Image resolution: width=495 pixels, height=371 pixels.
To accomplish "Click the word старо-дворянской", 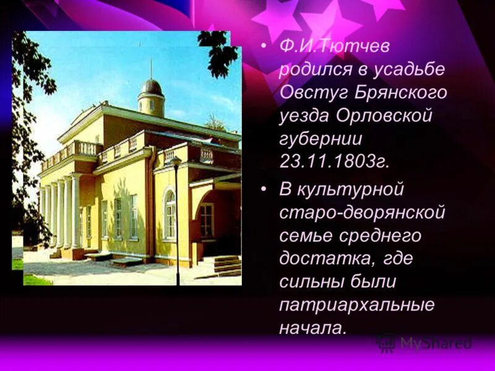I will click(362, 213).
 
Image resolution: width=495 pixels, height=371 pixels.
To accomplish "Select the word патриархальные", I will click(357, 305).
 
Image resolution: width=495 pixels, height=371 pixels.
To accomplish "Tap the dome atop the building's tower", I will click(151, 88).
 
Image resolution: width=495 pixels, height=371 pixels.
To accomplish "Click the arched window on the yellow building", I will click(170, 213).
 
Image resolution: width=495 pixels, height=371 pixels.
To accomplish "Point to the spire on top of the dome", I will click(151, 68).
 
